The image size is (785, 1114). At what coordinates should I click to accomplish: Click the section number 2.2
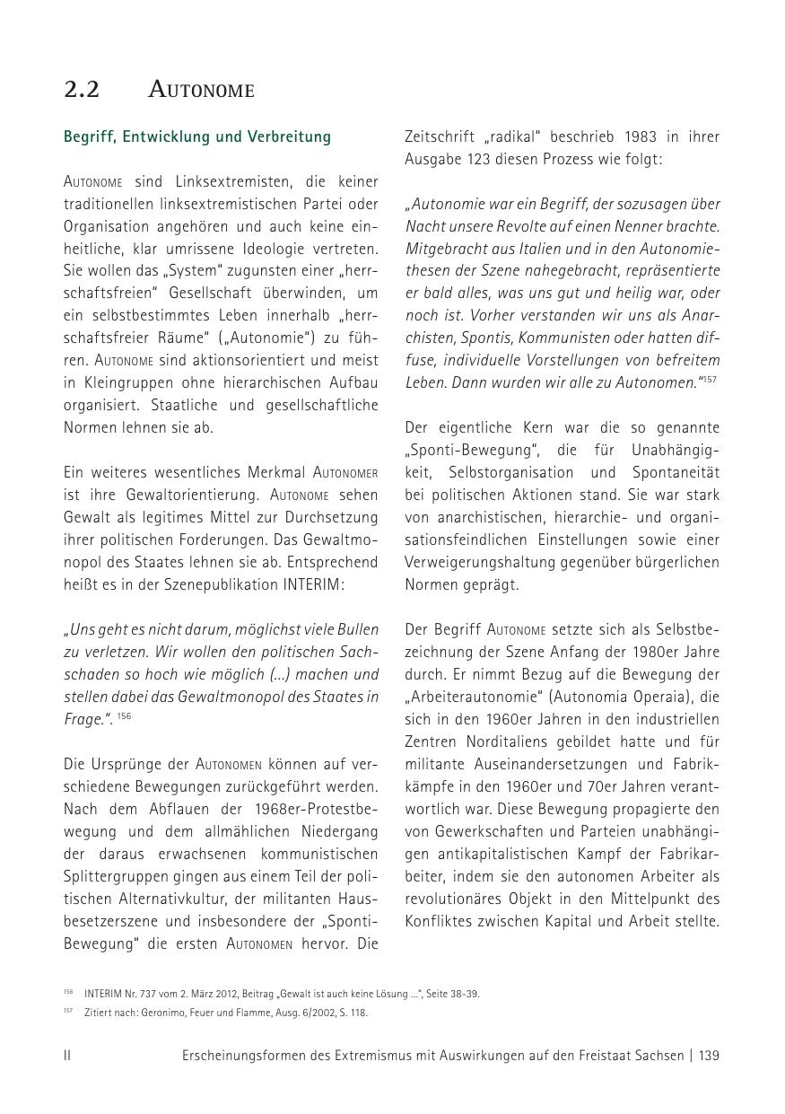[x=82, y=90]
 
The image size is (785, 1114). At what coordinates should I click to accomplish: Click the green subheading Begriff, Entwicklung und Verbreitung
[x=196, y=137]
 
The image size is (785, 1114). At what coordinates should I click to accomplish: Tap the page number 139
[x=709, y=1056]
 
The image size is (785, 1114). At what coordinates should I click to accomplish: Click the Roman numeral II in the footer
[x=67, y=1056]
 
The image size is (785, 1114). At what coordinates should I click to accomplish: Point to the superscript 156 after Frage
[x=125, y=716]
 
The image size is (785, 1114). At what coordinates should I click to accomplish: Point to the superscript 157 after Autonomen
[x=711, y=379]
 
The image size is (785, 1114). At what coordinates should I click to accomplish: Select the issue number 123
[x=482, y=160]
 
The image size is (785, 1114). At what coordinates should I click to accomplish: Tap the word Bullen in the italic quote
[x=357, y=629]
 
